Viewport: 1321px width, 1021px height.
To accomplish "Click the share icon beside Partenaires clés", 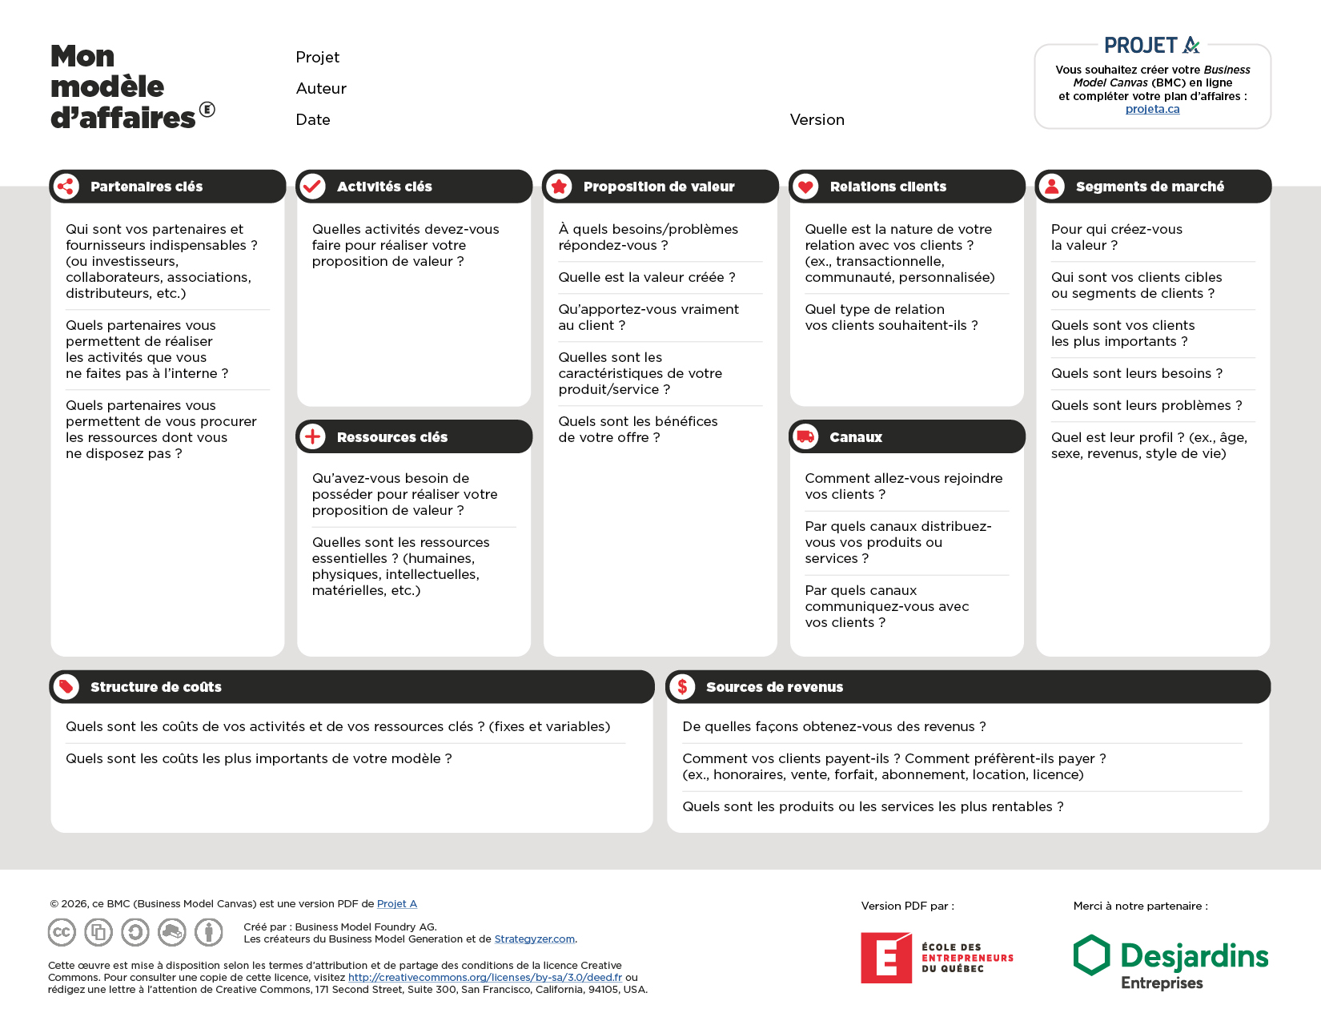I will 66,187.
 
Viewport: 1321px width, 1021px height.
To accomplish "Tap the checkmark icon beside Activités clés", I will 312,187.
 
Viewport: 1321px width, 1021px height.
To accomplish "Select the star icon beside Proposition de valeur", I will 559,187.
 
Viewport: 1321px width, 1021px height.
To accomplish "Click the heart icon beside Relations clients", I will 805,187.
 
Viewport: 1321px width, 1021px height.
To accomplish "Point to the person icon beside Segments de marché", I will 1052,187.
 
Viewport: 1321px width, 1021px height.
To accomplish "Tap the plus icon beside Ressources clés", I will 312,436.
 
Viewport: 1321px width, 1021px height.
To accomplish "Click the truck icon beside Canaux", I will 805,436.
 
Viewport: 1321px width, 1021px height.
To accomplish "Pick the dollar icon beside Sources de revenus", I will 682,686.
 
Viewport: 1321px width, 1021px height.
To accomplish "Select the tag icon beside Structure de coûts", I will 66,686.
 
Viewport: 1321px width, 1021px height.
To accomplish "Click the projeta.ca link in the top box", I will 1152,109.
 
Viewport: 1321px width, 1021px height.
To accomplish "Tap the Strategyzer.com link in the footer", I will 534,939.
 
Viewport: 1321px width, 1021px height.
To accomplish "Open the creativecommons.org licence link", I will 484,977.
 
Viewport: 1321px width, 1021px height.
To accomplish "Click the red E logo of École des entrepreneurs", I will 885,958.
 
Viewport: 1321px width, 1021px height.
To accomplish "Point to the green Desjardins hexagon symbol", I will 1091,955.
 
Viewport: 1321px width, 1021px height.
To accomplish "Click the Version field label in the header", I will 817,120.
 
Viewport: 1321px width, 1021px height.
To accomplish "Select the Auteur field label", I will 321,89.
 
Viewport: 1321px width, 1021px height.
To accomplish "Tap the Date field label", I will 313,120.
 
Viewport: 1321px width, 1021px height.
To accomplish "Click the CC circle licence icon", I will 62,932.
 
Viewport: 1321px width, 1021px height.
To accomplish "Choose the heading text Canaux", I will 856,437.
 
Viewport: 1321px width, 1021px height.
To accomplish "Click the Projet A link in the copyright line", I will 396,904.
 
